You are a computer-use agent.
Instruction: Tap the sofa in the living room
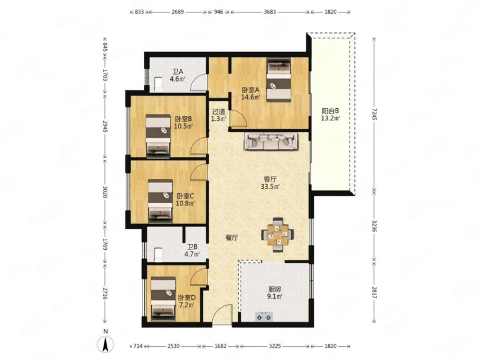tap(271, 142)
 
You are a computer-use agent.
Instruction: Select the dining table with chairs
tap(278, 235)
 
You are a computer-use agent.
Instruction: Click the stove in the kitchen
tap(264, 316)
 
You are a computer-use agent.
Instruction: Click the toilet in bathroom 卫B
tap(158, 255)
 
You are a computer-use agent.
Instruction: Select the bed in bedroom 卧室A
tap(279, 80)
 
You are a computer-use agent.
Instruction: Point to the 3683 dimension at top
tap(270, 12)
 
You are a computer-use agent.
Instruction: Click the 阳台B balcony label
tap(331, 111)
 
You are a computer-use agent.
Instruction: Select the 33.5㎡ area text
tap(270, 186)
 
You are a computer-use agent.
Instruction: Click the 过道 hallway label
tap(219, 112)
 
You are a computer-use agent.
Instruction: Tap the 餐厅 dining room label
tap(232, 238)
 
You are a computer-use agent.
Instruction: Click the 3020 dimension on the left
tap(105, 192)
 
